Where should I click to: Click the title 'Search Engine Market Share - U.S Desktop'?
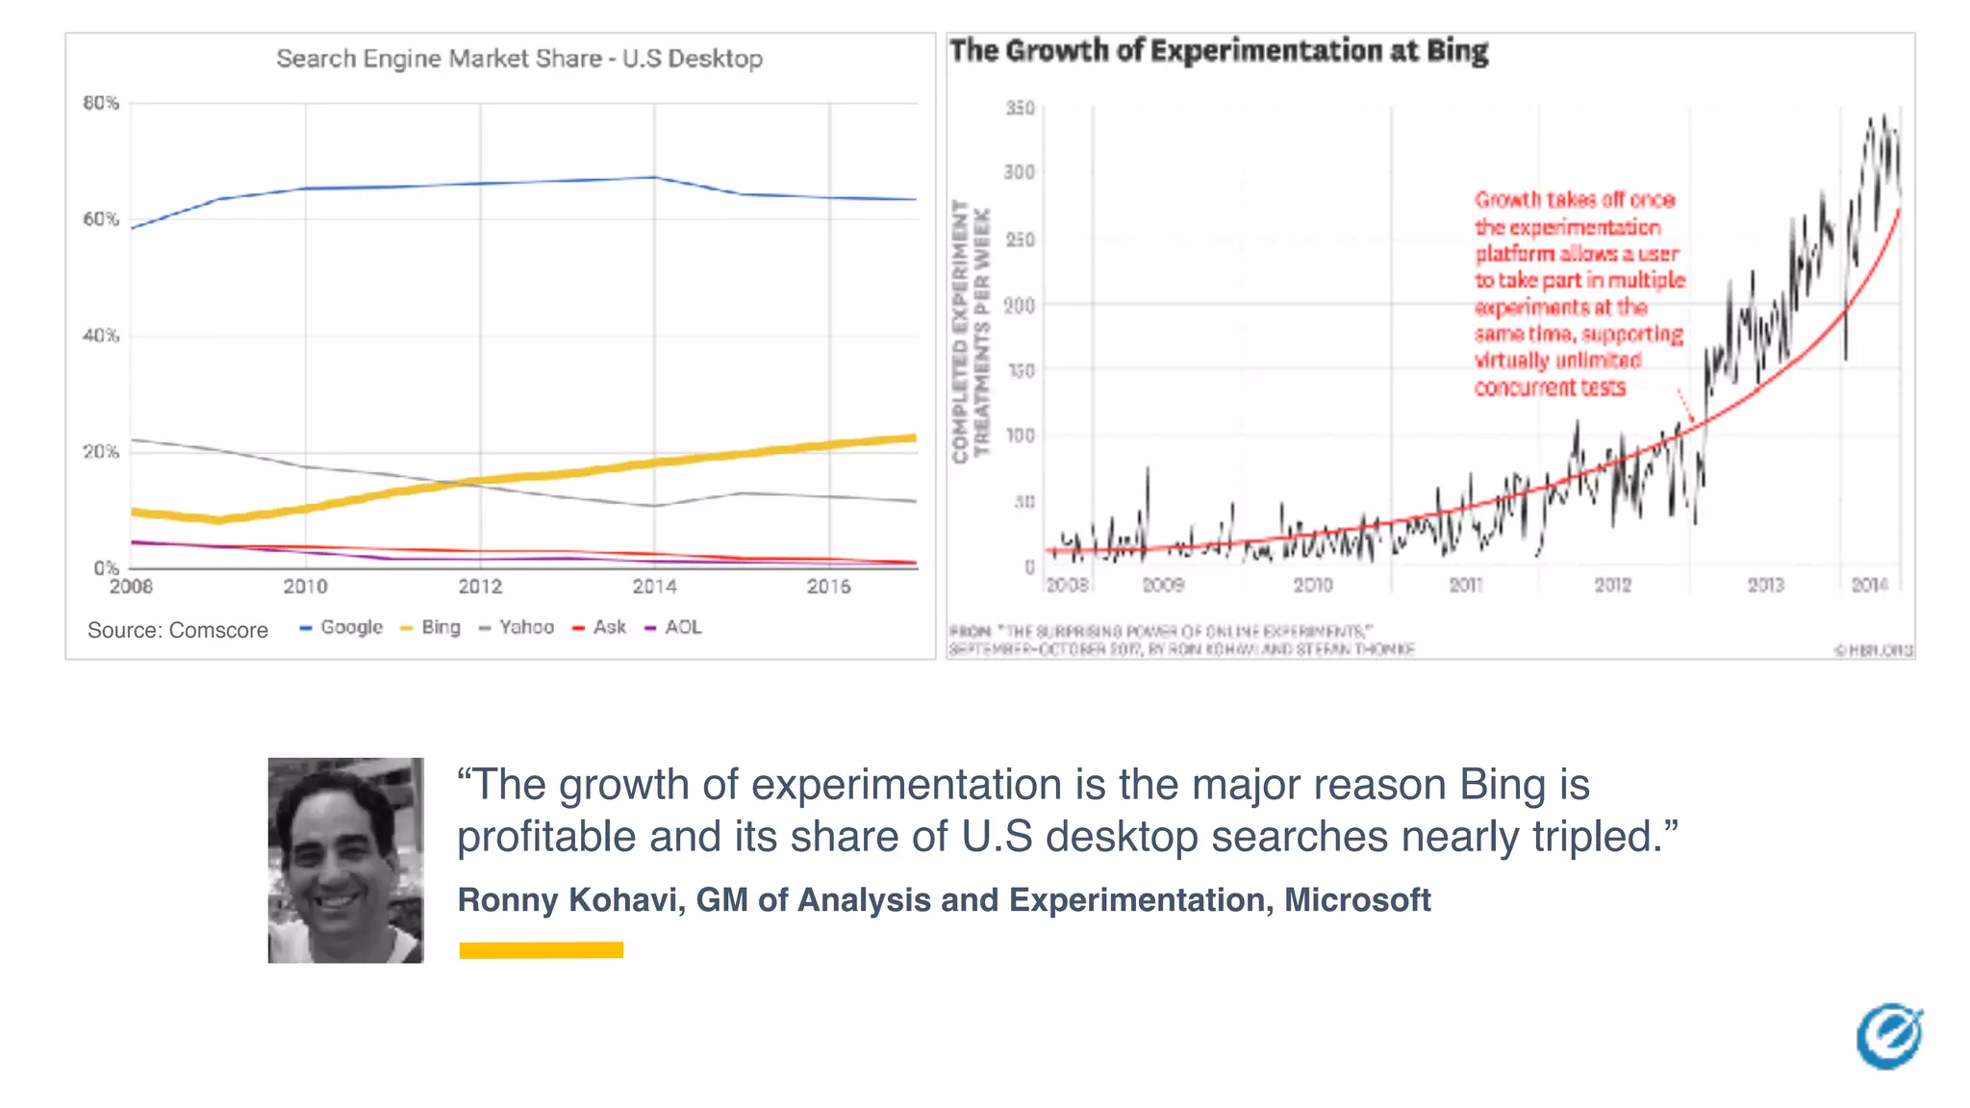(519, 59)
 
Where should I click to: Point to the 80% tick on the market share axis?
(101, 103)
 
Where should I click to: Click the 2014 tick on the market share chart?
(654, 587)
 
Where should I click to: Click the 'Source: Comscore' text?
(178, 630)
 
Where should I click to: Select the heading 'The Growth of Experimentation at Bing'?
(1219, 51)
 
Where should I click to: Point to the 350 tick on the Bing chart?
(1021, 108)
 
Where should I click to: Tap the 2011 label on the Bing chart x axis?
(1466, 585)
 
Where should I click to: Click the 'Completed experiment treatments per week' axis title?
(970, 332)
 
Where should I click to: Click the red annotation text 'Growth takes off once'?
(1575, 200)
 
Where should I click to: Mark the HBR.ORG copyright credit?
(1874, 650)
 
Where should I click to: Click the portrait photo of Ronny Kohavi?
(345, 860)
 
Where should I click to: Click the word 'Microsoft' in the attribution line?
(1357, 900)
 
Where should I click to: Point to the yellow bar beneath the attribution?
(541, 950)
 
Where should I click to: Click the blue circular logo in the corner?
(1889, 1037)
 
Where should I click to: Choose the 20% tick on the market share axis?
(101, 452)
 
